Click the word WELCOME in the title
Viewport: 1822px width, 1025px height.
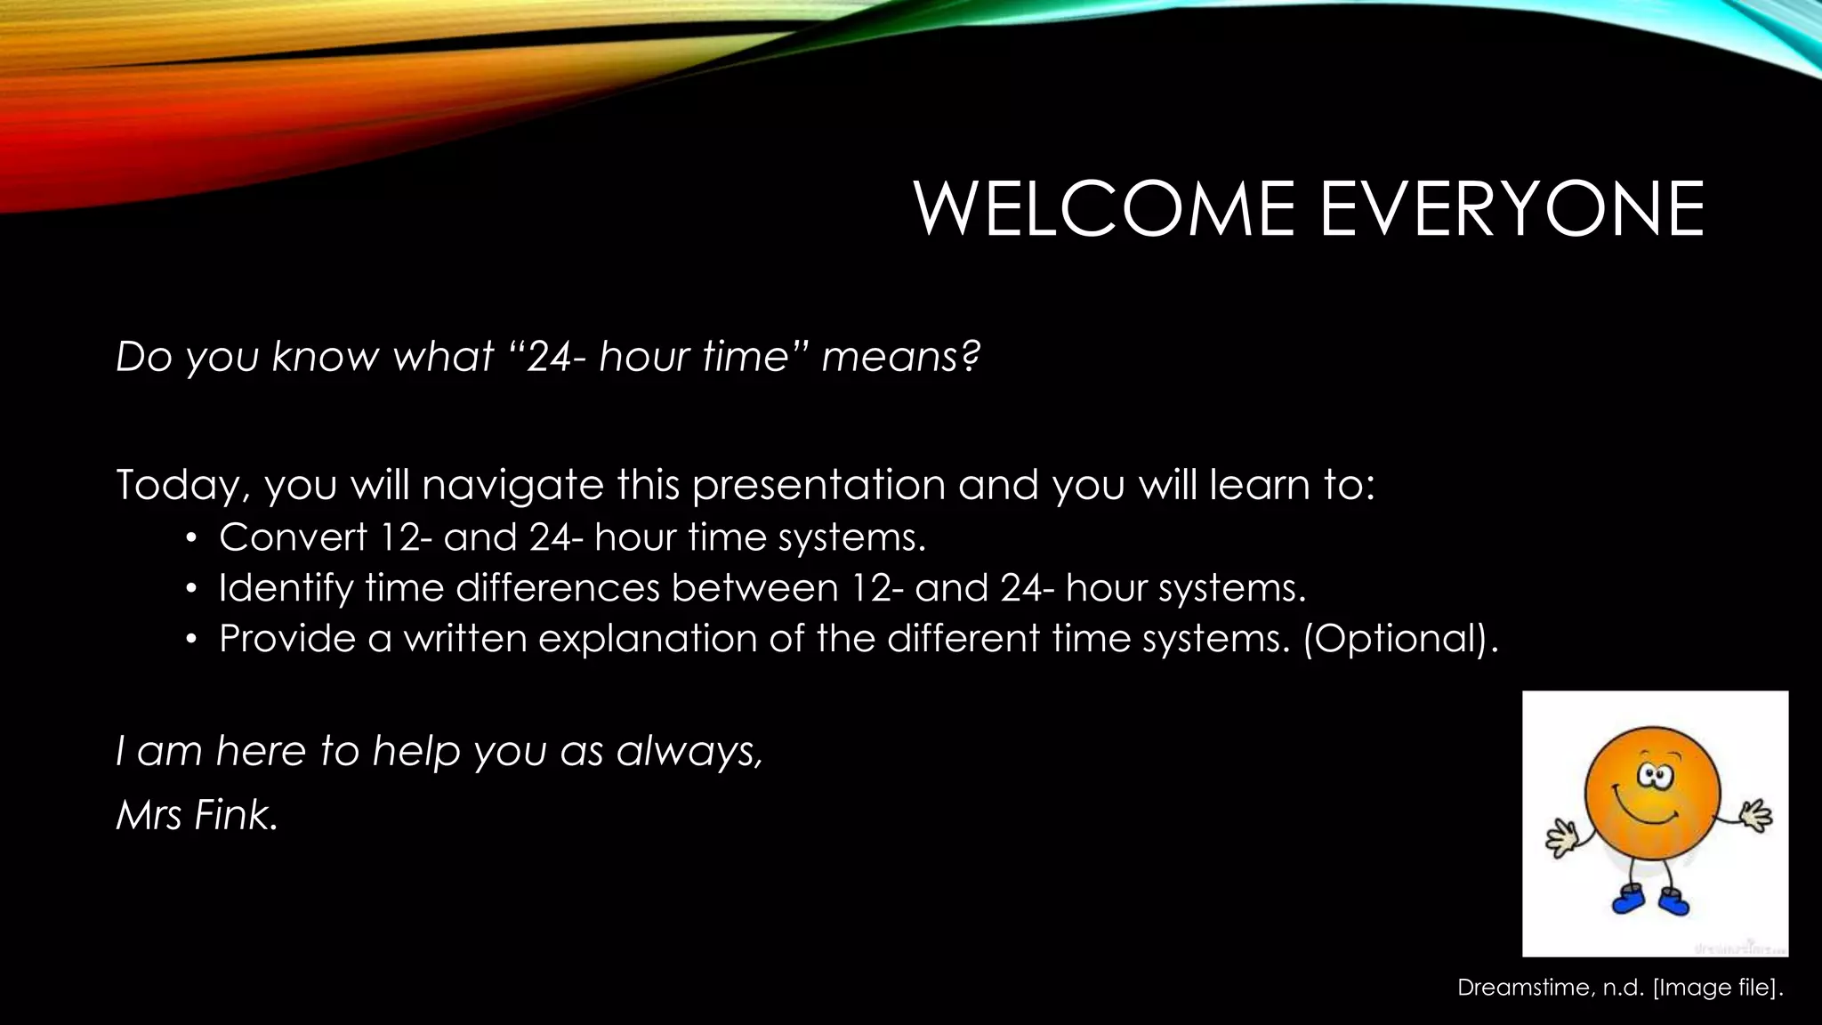(1103, 210)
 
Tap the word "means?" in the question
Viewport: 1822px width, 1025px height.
(899, 357)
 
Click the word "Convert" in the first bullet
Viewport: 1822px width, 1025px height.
(293, 537)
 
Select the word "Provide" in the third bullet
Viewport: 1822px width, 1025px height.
(286, 639)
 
